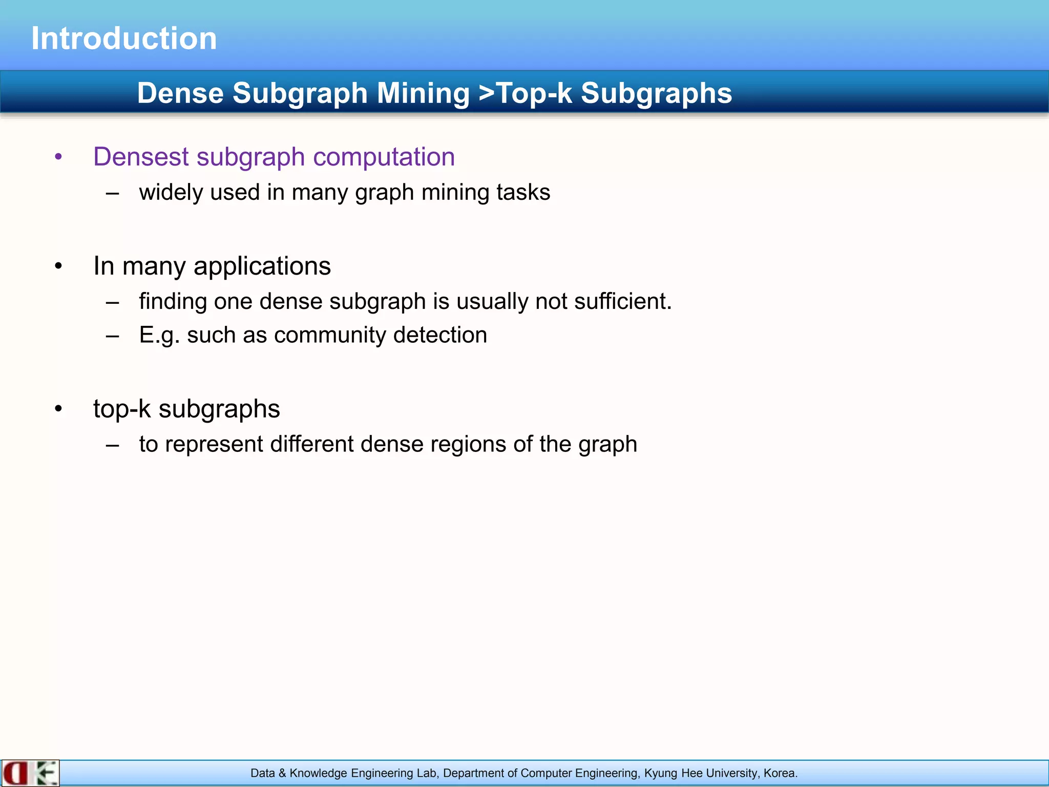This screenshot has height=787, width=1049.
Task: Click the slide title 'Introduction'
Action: tap(124, 38)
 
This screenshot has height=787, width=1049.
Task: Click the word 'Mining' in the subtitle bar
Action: tap(423, 93)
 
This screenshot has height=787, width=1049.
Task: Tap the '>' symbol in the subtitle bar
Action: tap(487, 93)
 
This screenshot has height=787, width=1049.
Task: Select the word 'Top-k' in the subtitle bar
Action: tap(534, 93)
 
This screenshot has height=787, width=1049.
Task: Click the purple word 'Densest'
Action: tap(141, 157)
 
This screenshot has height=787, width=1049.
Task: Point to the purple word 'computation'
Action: tap(384, 157)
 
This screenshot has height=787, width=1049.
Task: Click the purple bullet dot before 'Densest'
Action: tap(58, 157)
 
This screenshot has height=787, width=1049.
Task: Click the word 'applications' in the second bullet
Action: tap(262, 266)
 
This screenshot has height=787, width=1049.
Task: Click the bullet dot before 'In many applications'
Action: tap(58, 266)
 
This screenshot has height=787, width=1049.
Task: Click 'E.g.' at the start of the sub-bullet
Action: tap(159, 336)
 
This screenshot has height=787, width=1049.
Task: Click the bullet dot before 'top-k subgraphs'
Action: tap(58, 409)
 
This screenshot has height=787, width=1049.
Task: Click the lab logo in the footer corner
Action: tap(30, 773)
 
